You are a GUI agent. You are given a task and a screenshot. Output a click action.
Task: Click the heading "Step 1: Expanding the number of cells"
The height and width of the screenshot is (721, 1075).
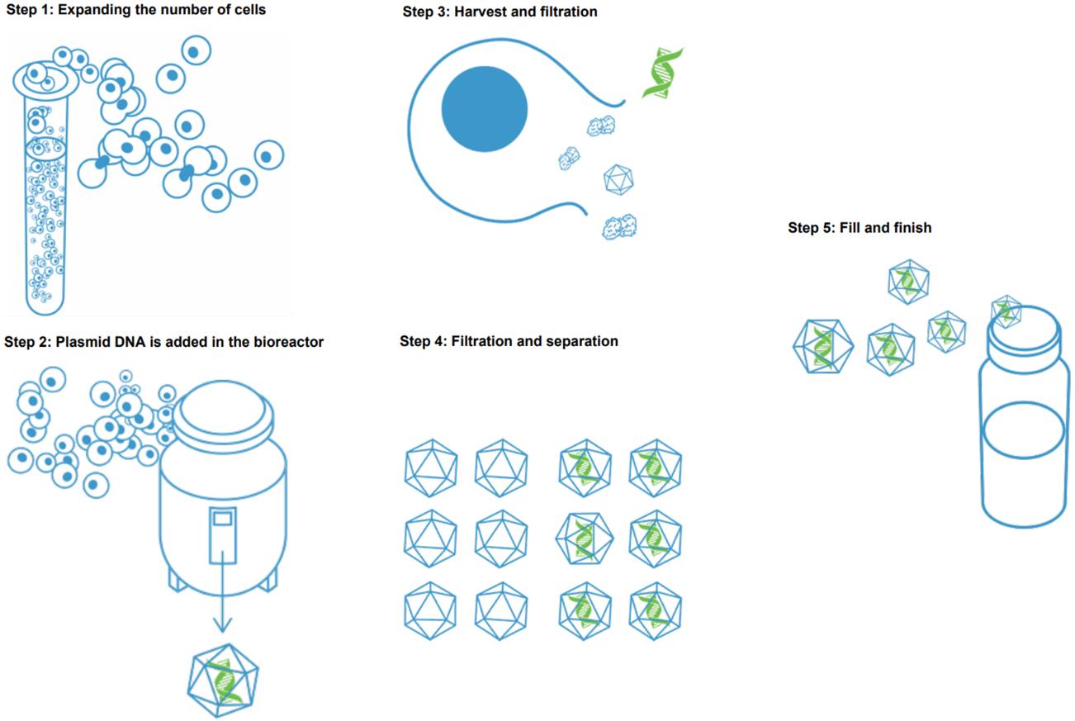(136, 11)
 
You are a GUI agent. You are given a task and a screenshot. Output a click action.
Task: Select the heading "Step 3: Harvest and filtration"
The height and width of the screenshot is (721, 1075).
(500, 12)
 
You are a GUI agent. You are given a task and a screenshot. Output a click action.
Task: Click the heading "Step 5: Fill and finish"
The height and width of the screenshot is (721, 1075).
(860, 227)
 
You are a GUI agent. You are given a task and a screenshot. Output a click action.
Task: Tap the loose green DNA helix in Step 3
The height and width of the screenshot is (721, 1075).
(663, 74)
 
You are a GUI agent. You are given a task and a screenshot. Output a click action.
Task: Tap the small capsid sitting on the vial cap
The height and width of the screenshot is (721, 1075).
(1006, 310)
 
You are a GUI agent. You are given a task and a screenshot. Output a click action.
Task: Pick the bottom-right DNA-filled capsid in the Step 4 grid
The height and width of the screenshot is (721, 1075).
(656, 612)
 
